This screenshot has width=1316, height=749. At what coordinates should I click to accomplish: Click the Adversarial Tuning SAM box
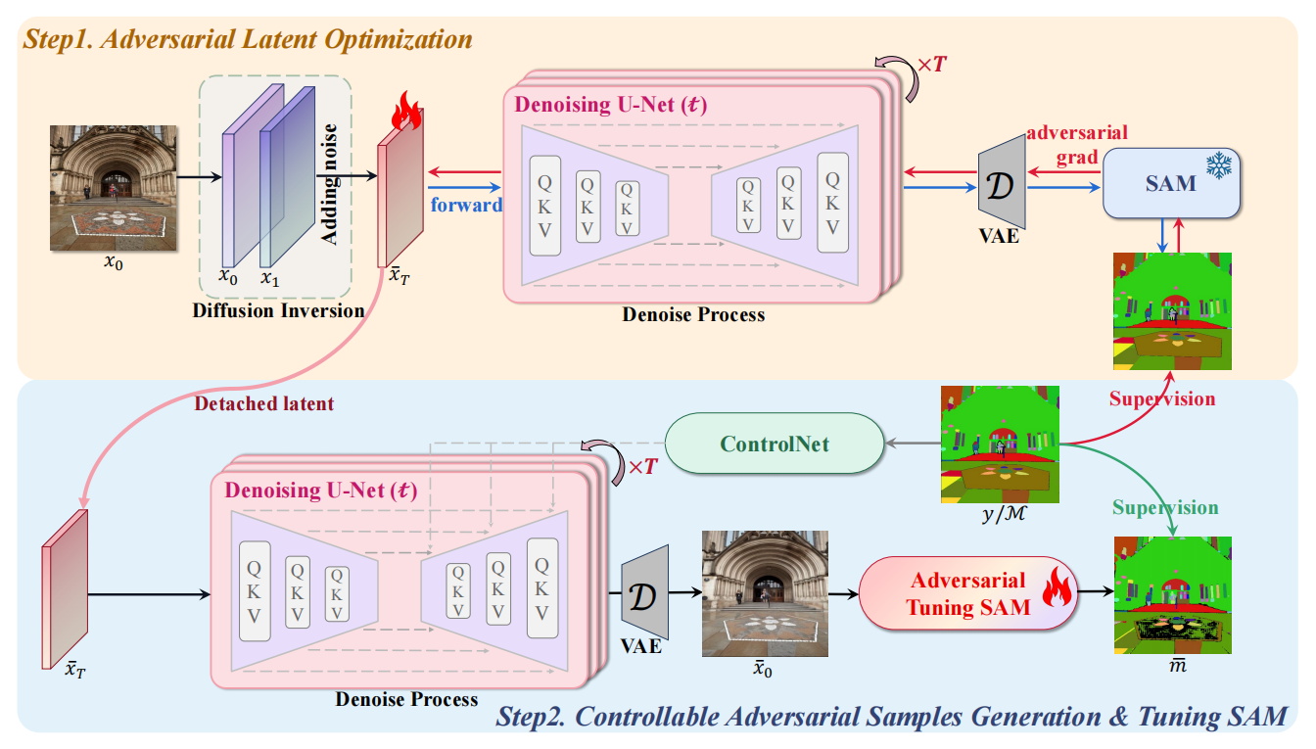967,593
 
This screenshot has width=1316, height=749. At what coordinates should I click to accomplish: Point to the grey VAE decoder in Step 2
643,592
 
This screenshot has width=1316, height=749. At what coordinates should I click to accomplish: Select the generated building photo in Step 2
765,592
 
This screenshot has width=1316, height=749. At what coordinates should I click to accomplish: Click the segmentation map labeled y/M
1000,445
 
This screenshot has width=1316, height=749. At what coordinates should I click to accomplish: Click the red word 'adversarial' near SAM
1078,132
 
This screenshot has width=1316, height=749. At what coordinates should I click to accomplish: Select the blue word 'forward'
466,205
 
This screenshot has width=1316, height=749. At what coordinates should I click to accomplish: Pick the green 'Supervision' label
1165,507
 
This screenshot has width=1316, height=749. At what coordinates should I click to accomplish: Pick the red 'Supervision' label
1161,398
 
